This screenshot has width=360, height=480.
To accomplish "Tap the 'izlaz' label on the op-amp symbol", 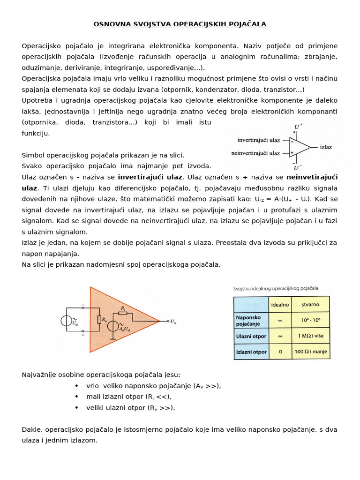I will coord(325,147).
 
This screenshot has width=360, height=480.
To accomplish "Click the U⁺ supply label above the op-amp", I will coord(298,127).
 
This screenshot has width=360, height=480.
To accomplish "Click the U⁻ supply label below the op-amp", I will coord(297,168).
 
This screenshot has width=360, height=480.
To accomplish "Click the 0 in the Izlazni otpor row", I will coord(280,352).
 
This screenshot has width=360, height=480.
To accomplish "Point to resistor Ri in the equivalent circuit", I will coord(123,314).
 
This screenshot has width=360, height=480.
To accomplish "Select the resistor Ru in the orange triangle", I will coord(99,320).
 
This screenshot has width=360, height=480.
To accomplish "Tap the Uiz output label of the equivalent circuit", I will coord(174,321).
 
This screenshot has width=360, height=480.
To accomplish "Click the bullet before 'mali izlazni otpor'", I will coord(76,397).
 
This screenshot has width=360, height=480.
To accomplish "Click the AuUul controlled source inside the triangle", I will coord(113,326).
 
